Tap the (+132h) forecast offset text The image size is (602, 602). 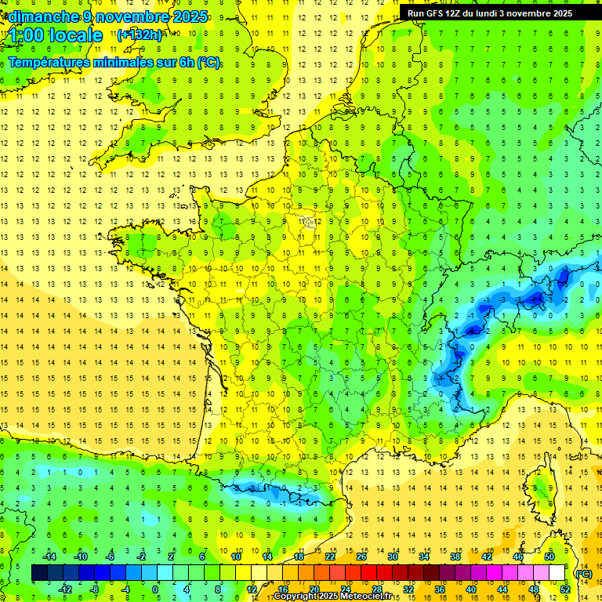tap(140, 34)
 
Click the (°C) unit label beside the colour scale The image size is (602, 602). tap(583, 574)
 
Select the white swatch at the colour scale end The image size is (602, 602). tap(557, 573)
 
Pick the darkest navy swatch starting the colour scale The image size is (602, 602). tap(39, 573)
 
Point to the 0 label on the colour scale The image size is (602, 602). tap(155, 589)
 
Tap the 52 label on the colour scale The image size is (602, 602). tap(564, 589)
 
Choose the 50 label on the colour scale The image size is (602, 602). tap(549, 557)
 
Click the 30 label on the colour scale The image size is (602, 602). tap(392, 557)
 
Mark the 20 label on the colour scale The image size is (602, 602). tap(314, 589)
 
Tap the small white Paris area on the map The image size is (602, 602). tap(309, 222)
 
